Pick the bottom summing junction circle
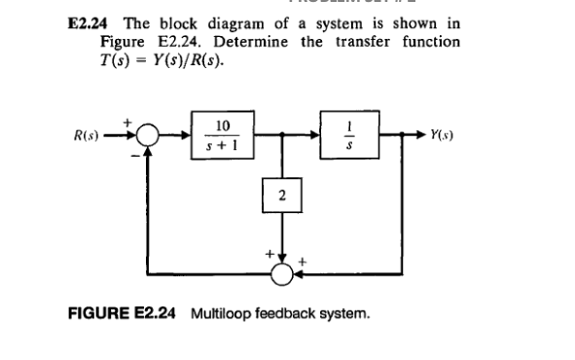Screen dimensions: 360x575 283,273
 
